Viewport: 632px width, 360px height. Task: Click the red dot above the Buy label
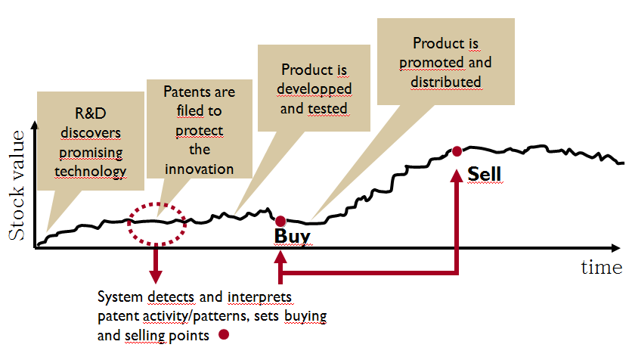click(280, 221)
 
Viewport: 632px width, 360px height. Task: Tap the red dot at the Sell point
click(457, 151)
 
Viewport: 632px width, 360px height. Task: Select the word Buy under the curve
click(293, 236)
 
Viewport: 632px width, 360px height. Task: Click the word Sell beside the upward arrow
click(484, 174)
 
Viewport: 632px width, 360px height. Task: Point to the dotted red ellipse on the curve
click(156, 203)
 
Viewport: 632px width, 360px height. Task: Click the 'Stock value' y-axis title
click(17, 185)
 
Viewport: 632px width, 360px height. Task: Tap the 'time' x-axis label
click(601, 267)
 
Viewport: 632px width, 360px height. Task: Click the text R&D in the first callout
click(91, 113)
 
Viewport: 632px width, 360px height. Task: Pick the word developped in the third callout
click(314, 89)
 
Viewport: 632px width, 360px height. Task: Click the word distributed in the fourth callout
click(446, 82)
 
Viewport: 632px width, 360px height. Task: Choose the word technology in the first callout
click(91, 172)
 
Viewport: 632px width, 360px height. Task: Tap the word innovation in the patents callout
click(199, 169)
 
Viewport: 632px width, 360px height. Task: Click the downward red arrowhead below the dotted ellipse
click(156, 277)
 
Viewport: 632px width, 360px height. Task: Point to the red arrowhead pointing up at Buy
click(280, 257)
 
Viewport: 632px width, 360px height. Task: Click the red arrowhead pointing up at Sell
click(457, 175)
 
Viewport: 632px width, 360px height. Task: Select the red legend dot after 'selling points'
click(224, 334)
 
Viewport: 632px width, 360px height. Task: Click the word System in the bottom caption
click(120, 297)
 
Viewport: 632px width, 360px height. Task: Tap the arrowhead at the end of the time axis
click(615, 248)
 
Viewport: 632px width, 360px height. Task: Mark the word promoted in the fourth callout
click(431, 63)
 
